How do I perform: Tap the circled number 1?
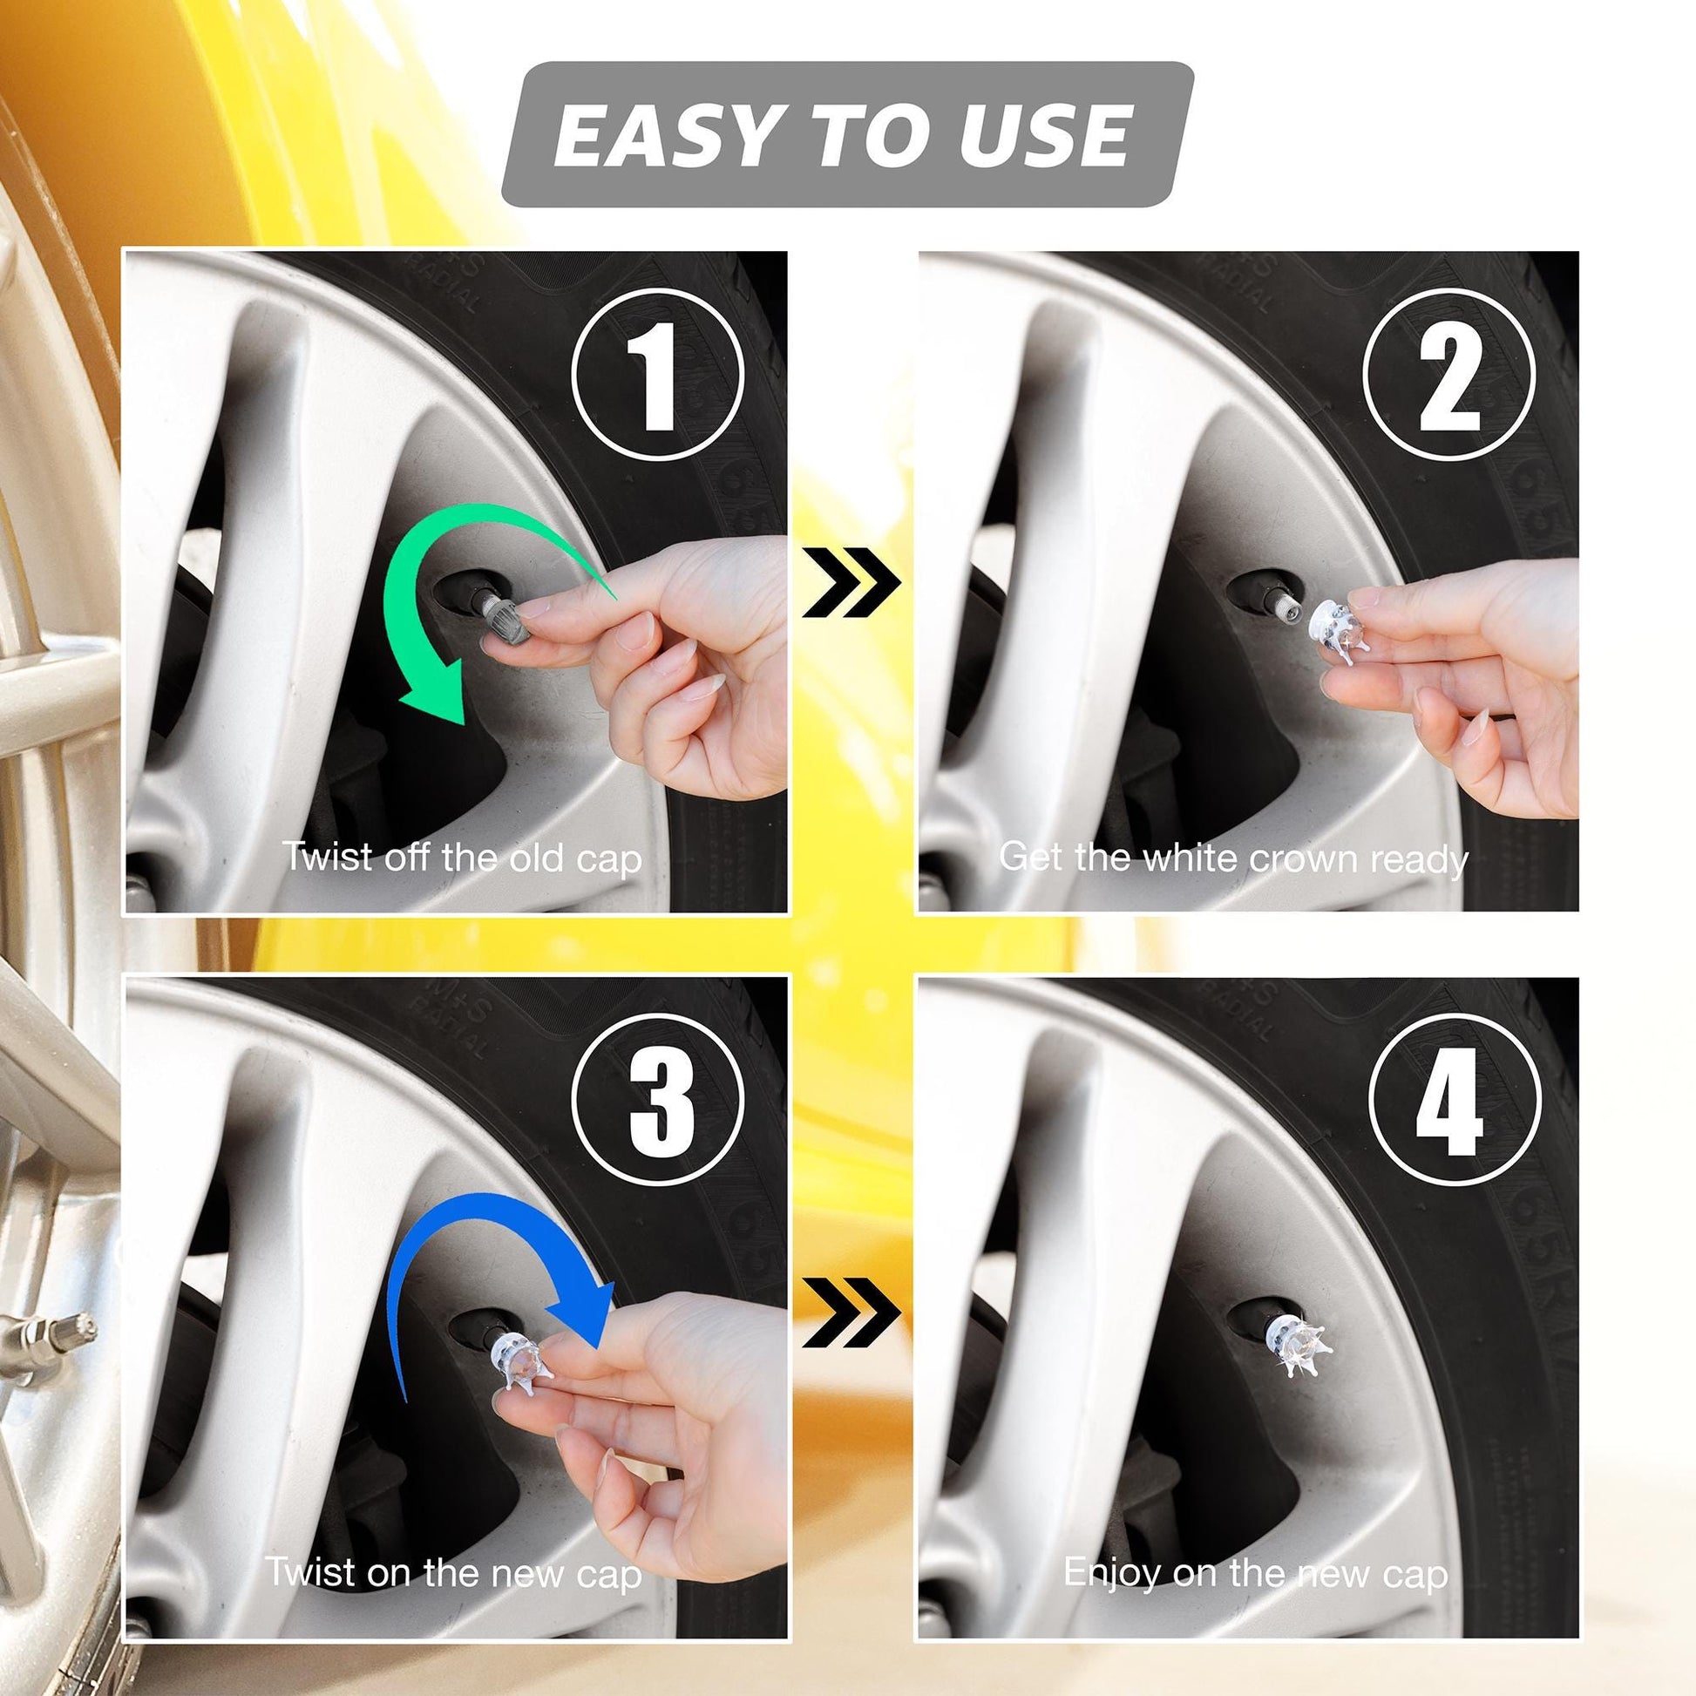click(x=657, y=374)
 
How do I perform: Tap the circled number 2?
click(x=1449, y=374)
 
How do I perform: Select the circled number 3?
click(x=657, y=1101)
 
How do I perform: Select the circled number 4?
click(x=1455, y=1101)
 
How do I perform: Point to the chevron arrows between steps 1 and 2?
click(x=851, y=582)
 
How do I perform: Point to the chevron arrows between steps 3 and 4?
click(x=851, y=1313)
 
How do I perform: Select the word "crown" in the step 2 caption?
click(x=1306, y=858)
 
